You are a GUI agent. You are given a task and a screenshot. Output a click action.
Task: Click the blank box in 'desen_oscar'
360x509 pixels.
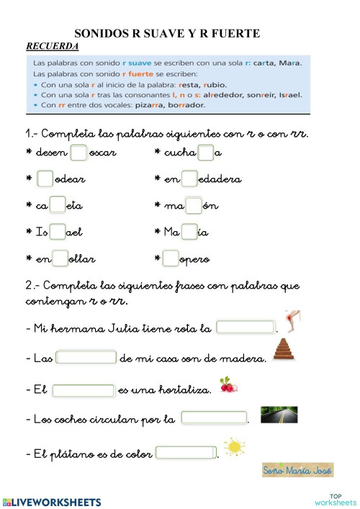(79, 152)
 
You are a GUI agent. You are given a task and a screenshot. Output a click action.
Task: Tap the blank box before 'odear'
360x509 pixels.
(45, 179)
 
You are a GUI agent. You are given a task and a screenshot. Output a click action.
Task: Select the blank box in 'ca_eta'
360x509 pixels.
(58, 205)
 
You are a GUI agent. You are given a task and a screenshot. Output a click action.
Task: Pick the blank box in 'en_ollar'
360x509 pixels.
(60, 258)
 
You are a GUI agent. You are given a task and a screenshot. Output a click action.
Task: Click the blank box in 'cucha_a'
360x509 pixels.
(205, 152)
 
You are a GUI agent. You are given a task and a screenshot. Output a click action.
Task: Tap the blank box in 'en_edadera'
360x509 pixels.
(189, 179)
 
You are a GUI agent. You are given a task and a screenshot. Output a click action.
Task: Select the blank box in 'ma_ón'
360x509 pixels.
(194, 205)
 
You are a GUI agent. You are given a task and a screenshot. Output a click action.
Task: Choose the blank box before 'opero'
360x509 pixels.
(171, 258)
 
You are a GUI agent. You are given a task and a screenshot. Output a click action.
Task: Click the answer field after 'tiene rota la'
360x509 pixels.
(246, 328)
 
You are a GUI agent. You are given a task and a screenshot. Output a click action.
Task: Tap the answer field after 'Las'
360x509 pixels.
(86, 357)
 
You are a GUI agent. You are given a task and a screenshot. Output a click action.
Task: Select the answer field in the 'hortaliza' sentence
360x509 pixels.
(84, 390)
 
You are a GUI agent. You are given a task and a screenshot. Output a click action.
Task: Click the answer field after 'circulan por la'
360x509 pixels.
(213, 418)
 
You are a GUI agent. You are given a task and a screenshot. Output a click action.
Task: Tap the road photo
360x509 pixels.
(278, 414)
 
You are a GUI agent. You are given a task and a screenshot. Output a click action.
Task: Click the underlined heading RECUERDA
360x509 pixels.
(53, 46)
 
